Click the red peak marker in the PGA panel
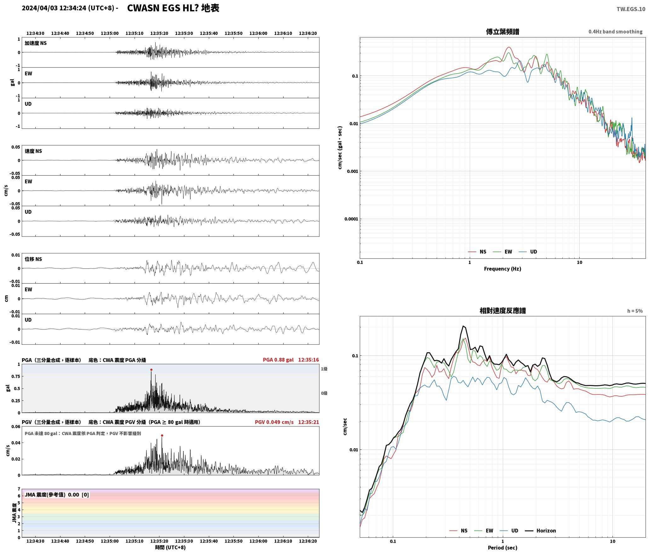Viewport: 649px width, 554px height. click(x=151, y=370)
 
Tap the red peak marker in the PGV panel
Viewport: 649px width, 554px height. click(x=162, y=435)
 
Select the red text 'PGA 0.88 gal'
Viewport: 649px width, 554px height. click(x=278, y=360)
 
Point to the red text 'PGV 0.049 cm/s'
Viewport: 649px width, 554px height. click(x=274, y=422)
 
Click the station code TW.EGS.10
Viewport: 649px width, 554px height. click(x=631, y=9)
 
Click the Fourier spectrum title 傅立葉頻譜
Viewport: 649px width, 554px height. click(x=503, y=31)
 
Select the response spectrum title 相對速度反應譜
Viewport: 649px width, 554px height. click(x=503, y=310)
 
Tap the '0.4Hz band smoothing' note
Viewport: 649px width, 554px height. click(x=615, y=31)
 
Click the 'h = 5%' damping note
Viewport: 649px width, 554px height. click(x=635, y=311)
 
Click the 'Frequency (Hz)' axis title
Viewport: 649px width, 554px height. click(x=503, y=269)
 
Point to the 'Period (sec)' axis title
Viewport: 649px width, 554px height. click(x=503, y=547)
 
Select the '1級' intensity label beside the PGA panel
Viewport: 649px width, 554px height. click(x=324, y=369)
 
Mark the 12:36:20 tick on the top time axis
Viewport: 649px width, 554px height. click(x=308, y=33)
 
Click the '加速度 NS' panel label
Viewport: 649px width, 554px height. click(x=36, y=43)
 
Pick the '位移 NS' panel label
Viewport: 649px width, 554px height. click(x=33, y=259)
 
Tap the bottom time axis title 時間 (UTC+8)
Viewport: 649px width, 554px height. click(x=170, y=547)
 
